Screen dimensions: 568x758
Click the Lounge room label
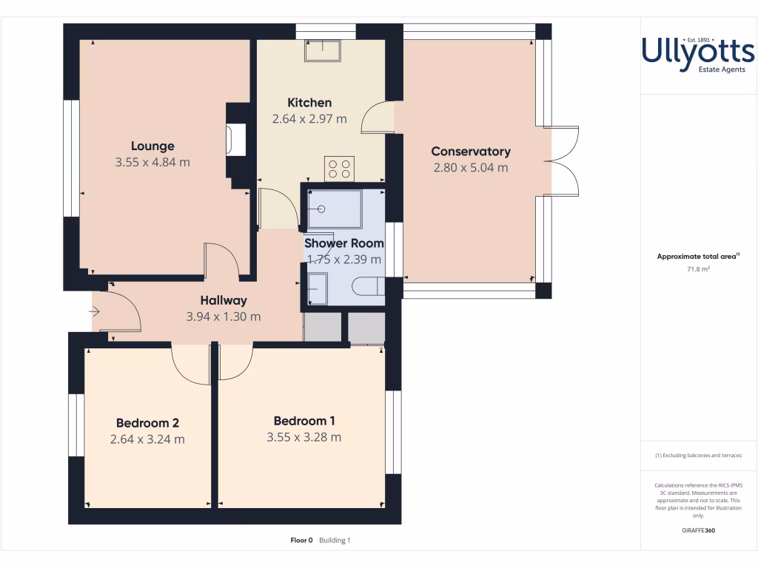tap(152, 146)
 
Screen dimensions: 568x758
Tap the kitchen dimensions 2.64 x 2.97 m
tap(309, 118)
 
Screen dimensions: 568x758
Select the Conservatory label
tap(471, 151)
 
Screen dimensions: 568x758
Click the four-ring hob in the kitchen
tap(339, 169)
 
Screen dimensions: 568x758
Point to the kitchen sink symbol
tap(323, 50)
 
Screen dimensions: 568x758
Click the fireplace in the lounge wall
tap(236, 140)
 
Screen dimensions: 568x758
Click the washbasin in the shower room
tap(317, 288)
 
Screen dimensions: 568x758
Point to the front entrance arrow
tap(95, 312)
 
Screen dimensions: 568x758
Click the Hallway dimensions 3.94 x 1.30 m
tap(224, 317)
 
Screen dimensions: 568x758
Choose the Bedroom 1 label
tap(303, 421)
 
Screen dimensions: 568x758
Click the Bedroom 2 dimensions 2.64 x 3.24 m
tap(147, 439)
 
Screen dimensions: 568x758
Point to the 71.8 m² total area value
tap(698, 269)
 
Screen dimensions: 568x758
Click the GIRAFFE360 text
tap(698, 530)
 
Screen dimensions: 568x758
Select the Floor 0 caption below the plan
tap(302, 541)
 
